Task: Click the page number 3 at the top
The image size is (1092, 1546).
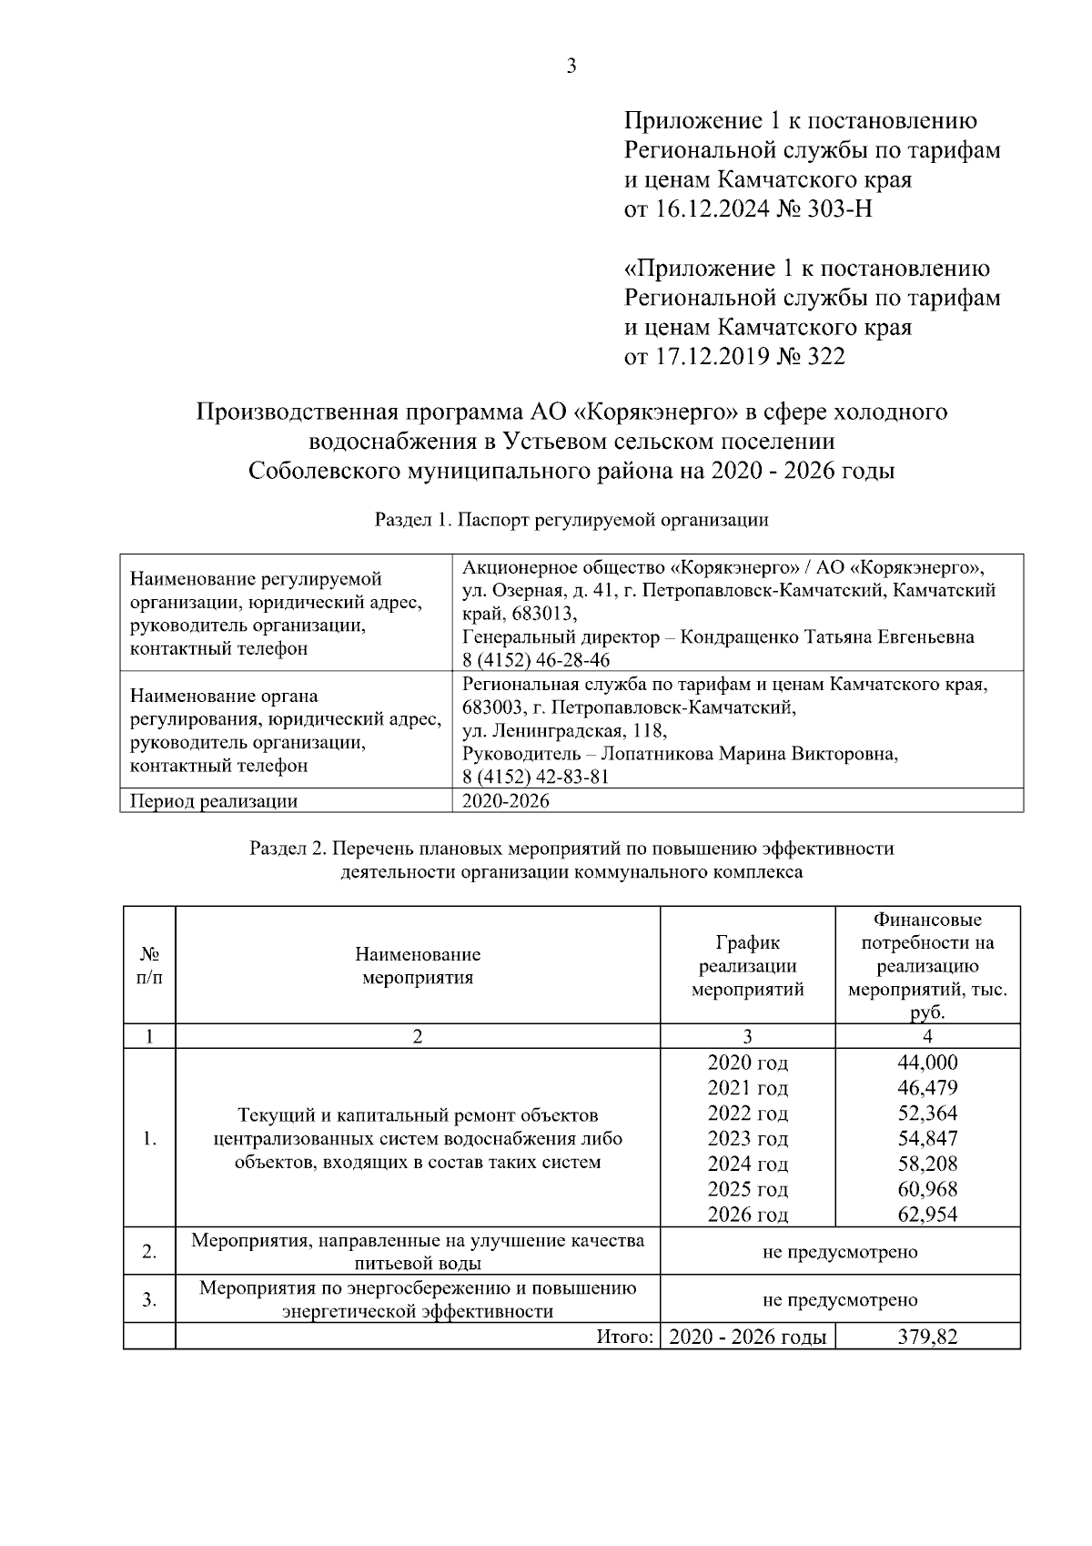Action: tap(571, 66)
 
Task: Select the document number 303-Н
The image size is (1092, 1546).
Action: tap(838, 209)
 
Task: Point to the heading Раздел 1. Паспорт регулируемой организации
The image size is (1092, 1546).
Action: tap(571, 520)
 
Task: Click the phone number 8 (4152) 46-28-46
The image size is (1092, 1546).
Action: tap(536, 660)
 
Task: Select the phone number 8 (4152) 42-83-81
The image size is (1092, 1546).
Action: tap(536, 777)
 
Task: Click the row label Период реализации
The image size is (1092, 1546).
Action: tap(214, 801)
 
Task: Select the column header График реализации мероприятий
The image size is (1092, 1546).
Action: tap(747, 966)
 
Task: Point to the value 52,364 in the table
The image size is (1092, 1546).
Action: tap(927, 1113)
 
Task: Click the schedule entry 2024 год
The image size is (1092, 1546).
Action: tap(747, 1164)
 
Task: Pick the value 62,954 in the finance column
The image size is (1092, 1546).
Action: tap(927, 1215)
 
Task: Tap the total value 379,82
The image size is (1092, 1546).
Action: tap(927, 1337)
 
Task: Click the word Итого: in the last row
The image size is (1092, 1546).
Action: tap(625, 1337)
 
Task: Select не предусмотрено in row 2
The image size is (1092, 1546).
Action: tap(839, 1252)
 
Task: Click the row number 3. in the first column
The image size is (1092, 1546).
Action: tap(149, 1299)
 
